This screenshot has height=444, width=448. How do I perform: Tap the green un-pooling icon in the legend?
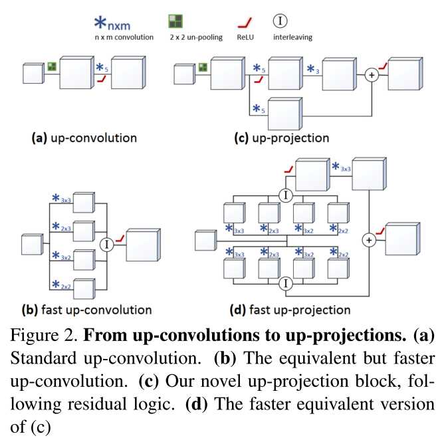[175, 22]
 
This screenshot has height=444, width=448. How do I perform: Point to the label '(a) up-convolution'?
[84, 138]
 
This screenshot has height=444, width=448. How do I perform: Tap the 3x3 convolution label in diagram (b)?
[65, 198]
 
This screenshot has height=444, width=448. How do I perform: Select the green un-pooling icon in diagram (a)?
[51, 66]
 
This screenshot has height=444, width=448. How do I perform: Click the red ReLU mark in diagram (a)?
[101, 79]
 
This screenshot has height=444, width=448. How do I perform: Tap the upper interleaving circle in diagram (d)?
[286, 195]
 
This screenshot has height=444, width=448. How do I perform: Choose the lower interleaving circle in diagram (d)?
[286, 283]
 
